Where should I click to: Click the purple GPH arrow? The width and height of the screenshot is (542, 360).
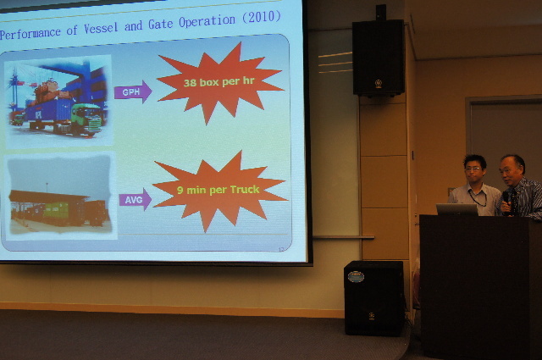[x=133, y=92]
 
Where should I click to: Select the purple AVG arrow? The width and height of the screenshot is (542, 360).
[x=135, y=200]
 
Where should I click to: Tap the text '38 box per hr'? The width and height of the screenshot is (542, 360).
[x=218, y=82]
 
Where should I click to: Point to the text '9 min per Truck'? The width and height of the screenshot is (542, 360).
[x=218, y=190]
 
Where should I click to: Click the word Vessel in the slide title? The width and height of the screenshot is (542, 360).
[x=101, y=28]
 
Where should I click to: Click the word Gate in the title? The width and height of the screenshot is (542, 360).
[x=160, y=24]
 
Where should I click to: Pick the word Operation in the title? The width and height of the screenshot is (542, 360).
[x=207, y=20]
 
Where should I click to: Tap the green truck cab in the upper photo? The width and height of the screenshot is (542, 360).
[x=86, y=119]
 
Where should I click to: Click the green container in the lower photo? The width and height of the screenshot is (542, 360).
[x=56, y=210]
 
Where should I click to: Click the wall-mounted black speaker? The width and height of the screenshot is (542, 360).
[x=379, y=58]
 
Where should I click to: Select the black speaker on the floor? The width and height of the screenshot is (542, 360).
[x=373, y=298]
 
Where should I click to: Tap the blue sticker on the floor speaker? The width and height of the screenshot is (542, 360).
[x=356, y=277]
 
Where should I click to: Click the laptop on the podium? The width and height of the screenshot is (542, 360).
[x=456, y=209]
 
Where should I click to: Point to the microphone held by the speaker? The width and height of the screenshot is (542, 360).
[x=506, y=200]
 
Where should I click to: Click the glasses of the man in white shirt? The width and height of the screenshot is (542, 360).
[x=473, y=169]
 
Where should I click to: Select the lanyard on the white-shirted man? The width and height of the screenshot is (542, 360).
[x=478, y=198]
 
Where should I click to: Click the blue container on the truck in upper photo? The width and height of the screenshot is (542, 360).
[x=49, y=111]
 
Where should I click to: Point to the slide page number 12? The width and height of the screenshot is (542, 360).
[x=280, y=249]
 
